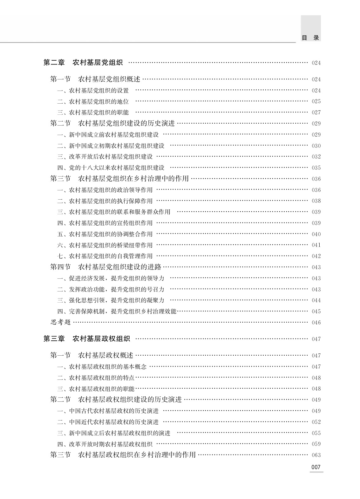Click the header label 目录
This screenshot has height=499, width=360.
pyautogui.click(x=310, y=38)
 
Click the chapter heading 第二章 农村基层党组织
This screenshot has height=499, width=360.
pyautogui.click(x=83, y=63)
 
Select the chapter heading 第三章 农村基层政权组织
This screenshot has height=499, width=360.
pyautogui.click(x=87, y=339)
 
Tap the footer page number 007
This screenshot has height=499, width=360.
pyautogui.click(x=316, y=467)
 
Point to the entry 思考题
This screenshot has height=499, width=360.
pyautogui.click(x=61, y=322)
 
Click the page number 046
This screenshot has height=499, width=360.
pyautogui.click(x=316, y=323)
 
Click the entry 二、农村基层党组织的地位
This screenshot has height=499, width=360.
pyautogui.click(x=93, y=101)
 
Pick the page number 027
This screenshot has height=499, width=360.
pyautogui.click(x=316, y=113)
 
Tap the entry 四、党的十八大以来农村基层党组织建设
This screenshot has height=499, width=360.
pyautogui.click(x=111, y=167)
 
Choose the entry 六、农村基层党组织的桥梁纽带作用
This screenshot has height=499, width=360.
pyautogui.click(x=105, y=245)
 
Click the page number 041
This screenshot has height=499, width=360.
pyautogui.click(x=316, y=245)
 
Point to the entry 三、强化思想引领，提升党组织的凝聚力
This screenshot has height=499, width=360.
pyautogui.click(x=111, y=300)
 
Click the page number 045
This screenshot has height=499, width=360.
pyautogui.click(x=316, y=311)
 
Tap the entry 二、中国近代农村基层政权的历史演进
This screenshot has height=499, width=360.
pyautogui.click(x=108, y=422)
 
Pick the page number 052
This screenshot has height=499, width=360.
pyautogui.click(x=316, y=422)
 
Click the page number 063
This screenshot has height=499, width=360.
pyautogui.click(x=316, y=455)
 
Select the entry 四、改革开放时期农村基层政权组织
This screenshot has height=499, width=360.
pyautogui.click(x=105, y=444)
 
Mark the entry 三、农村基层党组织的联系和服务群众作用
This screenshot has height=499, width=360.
pyautogui.click(x=114, y=212)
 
